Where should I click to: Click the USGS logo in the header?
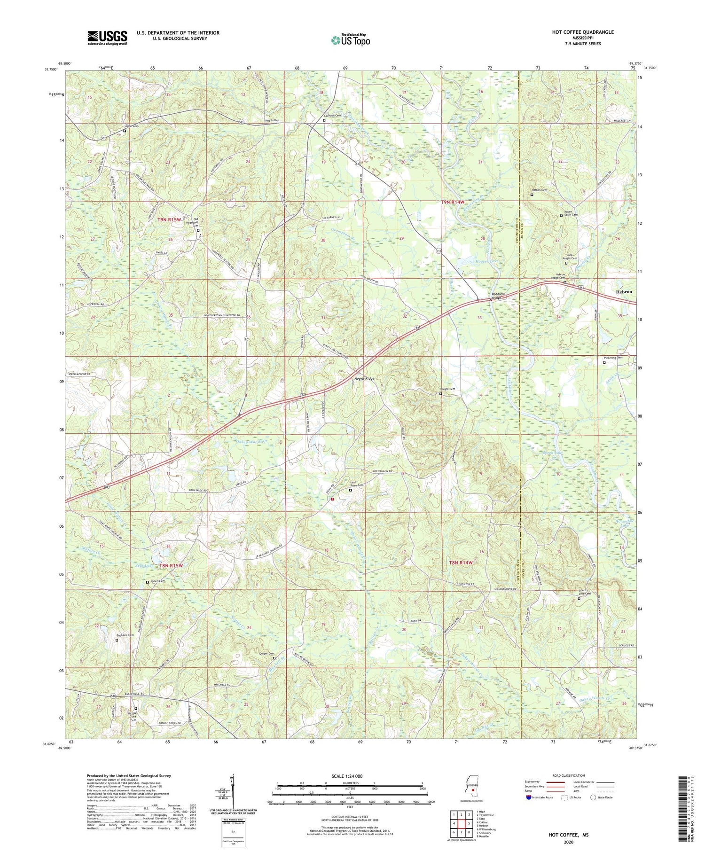[107, 38]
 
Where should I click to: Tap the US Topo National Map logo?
[350, 40]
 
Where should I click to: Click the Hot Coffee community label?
[272, 120]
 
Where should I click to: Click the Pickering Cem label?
[613, 358]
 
